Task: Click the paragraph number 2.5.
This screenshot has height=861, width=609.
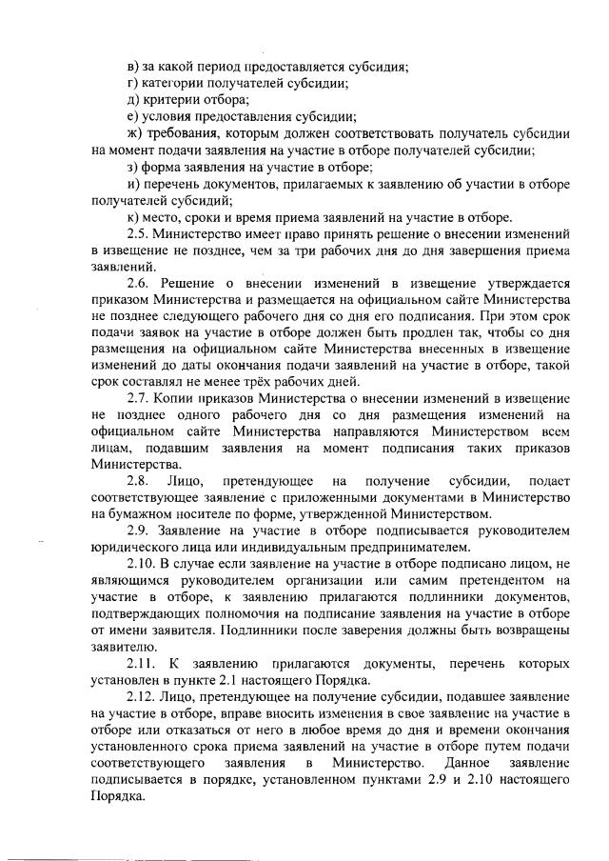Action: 139,232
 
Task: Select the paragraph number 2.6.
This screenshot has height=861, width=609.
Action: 139,282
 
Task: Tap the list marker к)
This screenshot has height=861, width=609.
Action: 134,216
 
